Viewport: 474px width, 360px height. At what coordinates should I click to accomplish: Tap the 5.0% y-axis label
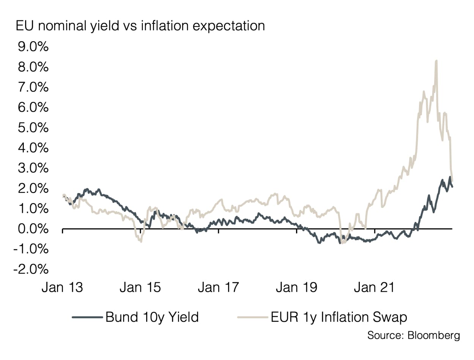(x=32, y=128)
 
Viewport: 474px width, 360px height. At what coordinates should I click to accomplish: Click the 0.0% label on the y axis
(x=32, y=229)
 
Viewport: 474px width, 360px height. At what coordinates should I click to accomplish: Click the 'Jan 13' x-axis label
(x=63, y=288)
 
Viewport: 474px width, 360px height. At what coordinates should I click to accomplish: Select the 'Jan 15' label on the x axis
(x=140, y=288)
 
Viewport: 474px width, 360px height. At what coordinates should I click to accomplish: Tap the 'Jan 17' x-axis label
(x=219, y=288)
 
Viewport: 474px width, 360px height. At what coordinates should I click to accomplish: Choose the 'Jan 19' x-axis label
(x=296, y=288)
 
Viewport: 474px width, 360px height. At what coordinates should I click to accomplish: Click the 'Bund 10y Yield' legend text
(x=152, y=317)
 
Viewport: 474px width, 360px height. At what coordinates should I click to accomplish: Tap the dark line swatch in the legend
(x=87, y=317)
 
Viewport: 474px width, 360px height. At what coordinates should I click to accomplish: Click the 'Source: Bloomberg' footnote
(x=413, y=335)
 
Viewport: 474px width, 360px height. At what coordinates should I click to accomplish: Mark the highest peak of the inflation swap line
(x=436, y=61)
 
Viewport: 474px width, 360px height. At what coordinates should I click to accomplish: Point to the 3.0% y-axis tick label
(x=32, y=168)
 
